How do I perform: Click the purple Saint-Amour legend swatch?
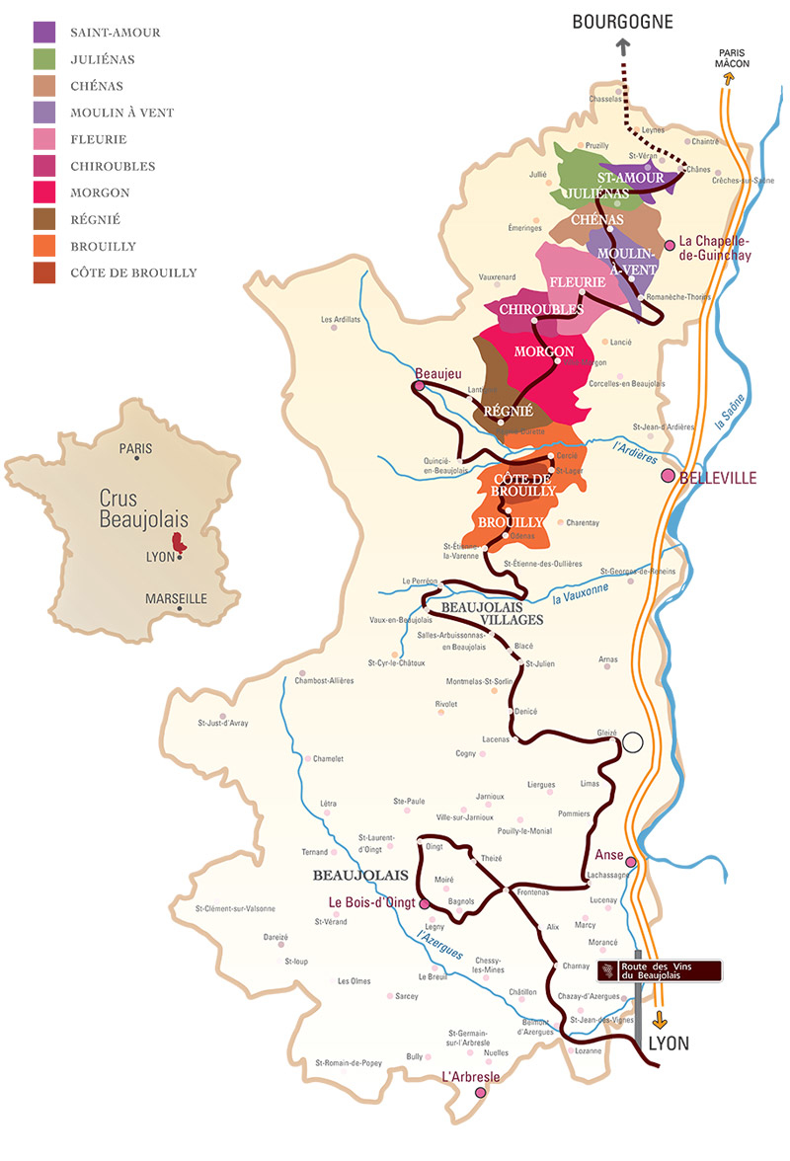point(44,33)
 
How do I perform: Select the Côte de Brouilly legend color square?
point(44,272)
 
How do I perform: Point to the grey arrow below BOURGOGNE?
point(623,47)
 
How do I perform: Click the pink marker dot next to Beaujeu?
point(419,387)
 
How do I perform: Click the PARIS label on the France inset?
point(135,448)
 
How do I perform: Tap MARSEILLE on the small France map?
point(176,598)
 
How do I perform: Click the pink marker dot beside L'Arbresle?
point(481,1092)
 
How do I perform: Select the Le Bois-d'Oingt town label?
point(370,902)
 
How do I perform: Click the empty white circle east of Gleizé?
point(632,742)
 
